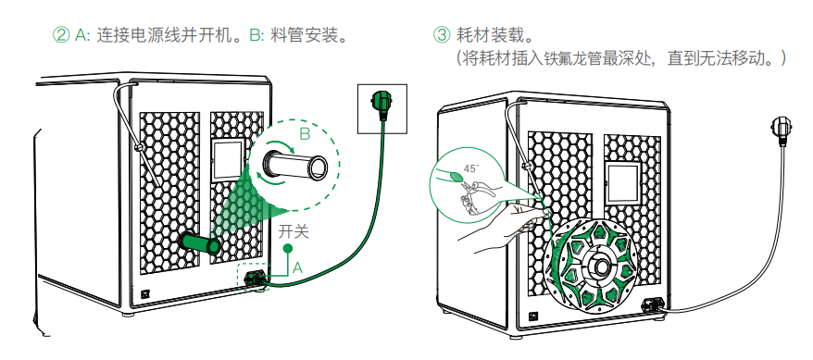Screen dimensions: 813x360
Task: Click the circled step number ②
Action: [62, 35]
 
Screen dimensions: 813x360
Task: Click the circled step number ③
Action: [442, 35]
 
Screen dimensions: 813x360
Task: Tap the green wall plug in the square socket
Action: [382, 100]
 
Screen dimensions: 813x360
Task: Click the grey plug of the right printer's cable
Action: [781, 127]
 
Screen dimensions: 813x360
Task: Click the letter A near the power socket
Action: [297, 267]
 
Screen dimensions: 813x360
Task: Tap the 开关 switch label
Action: [294, 231]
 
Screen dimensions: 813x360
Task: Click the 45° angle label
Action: [470, 168]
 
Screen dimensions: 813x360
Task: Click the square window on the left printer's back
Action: [229, 159]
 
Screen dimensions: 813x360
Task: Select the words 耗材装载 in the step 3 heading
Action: [486, 35]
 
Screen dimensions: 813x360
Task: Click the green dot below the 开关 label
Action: [286, 249]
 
